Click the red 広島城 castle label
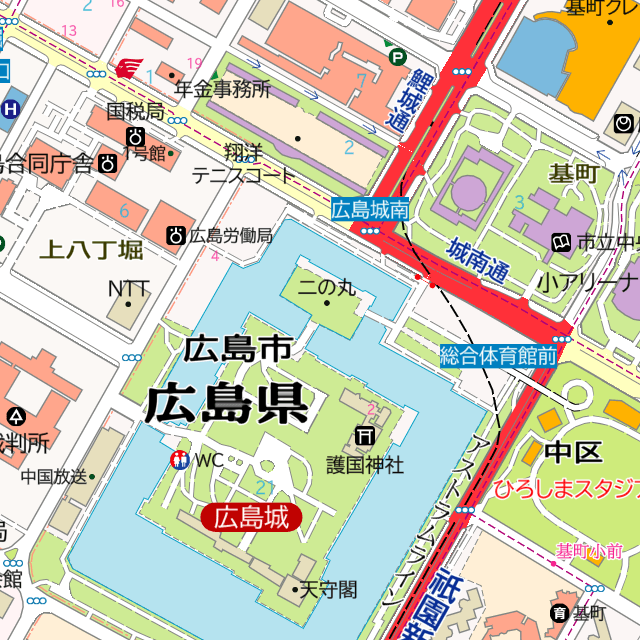[x=251, y=517]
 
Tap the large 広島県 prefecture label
[x=226, y=404]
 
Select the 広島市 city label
[x=237, y=348]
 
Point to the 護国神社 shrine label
[x=365, y=464]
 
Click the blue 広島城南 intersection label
[x=371, y=209]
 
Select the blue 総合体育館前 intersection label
[x=499, y=354]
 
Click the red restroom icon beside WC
[x=180, y=460]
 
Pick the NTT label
[x=128, y=289]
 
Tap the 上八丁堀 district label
[x=91, y=249]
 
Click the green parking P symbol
[x=397, y=58]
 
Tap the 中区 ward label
[x=573, y=452]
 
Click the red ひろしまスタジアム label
[x=565, y=489]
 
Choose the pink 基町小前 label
[x=589, y=551]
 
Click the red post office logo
[x=127, y=68]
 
